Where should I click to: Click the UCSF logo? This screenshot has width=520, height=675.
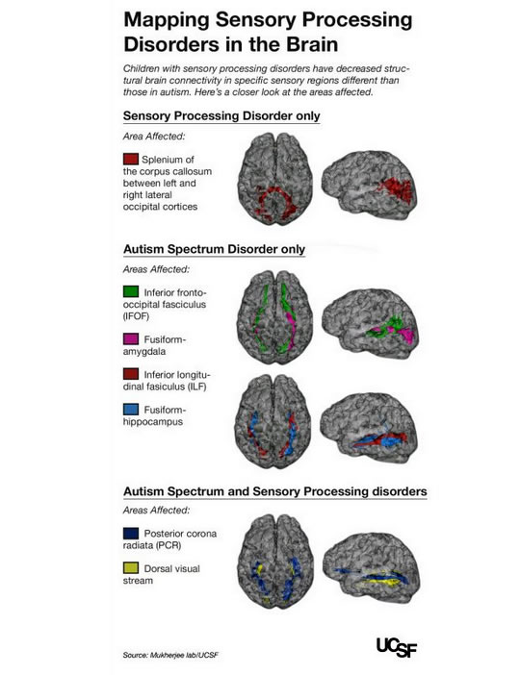(x=397, y=647)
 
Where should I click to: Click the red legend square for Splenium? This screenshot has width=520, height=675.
(x=131, y=159)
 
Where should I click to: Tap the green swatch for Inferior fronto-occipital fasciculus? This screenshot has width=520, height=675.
(x=131, y=291)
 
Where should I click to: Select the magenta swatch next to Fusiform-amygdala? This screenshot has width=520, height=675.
(x=131, y=338)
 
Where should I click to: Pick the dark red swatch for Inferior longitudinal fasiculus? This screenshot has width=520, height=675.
(x=131, y=374)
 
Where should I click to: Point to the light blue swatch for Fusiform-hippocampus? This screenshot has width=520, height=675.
(x=131, y=409)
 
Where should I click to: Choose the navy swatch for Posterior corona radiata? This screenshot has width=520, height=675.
(x=131, y=534)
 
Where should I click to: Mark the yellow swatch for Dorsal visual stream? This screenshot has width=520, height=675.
(x=131, y=568)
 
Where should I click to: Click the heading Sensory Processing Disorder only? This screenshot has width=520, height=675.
(x=221, y=115)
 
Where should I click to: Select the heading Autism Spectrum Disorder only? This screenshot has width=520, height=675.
(x=215, y=249)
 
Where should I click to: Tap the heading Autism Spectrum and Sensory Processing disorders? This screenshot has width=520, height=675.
(x=275, y=491)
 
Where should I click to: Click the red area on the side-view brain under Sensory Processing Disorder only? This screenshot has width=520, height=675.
(x=396, y=189)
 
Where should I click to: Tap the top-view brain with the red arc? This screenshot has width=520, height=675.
(x=275, y=178)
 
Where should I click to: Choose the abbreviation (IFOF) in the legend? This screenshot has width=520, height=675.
(x=136, y=316)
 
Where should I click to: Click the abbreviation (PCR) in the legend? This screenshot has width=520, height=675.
(x=169, y=545)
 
